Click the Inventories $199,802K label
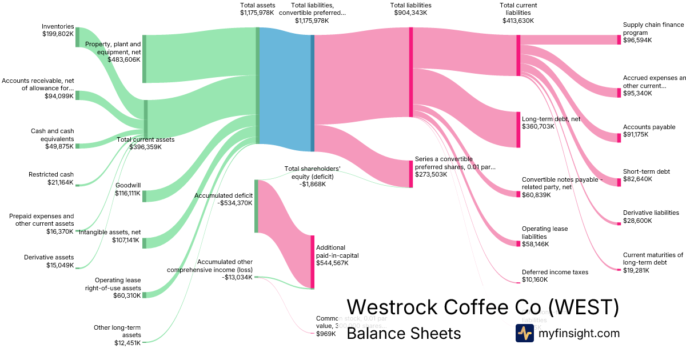tap(58, 30)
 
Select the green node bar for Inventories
tap(78, 37)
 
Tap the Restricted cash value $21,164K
tap(61, 182)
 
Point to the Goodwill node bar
tap(145, 196)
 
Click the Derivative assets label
tap(49, 261)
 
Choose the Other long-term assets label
tap(117, 335)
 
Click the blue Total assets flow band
tap(285, 89)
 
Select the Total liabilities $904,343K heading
tap(410, 9)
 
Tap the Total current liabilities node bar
tap(518, 55)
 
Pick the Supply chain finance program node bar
tap(619, 39)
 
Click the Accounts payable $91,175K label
tap(649, 131)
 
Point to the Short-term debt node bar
tap(619, 182)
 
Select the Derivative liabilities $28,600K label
tap(651, 217)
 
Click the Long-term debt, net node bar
tap(518, 130)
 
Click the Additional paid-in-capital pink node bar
tap(313, 261)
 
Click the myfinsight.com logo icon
tap(524, 333)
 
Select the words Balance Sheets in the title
tap(404, 333)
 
